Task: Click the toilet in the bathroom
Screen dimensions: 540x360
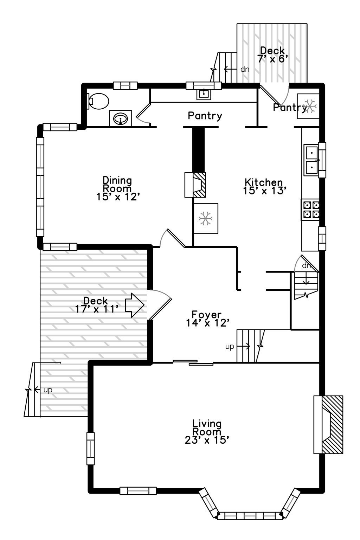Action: click(98, 101)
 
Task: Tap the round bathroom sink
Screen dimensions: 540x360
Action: click(121, 118)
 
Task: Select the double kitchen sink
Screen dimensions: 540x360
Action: click(311, 160)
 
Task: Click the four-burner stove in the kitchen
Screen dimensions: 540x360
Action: click(310, 210)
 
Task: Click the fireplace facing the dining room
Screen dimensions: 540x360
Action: click(195, 185)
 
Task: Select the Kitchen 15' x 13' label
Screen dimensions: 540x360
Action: click(264, 186)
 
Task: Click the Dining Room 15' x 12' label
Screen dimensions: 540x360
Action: click(117, 188)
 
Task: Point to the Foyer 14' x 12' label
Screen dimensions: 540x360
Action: click(207, 318)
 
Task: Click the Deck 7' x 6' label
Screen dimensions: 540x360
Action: click(272, 54)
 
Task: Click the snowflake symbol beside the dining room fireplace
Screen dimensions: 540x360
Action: click(205, 219)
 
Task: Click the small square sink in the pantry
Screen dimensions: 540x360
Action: click(204, 94)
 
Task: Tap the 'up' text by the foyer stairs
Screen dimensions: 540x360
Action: click(230, 347)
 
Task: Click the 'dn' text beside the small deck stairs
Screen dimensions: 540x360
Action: click(245, 69)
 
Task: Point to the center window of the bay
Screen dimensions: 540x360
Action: click(250, 516)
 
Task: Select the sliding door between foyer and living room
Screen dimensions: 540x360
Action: click(193, 362)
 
